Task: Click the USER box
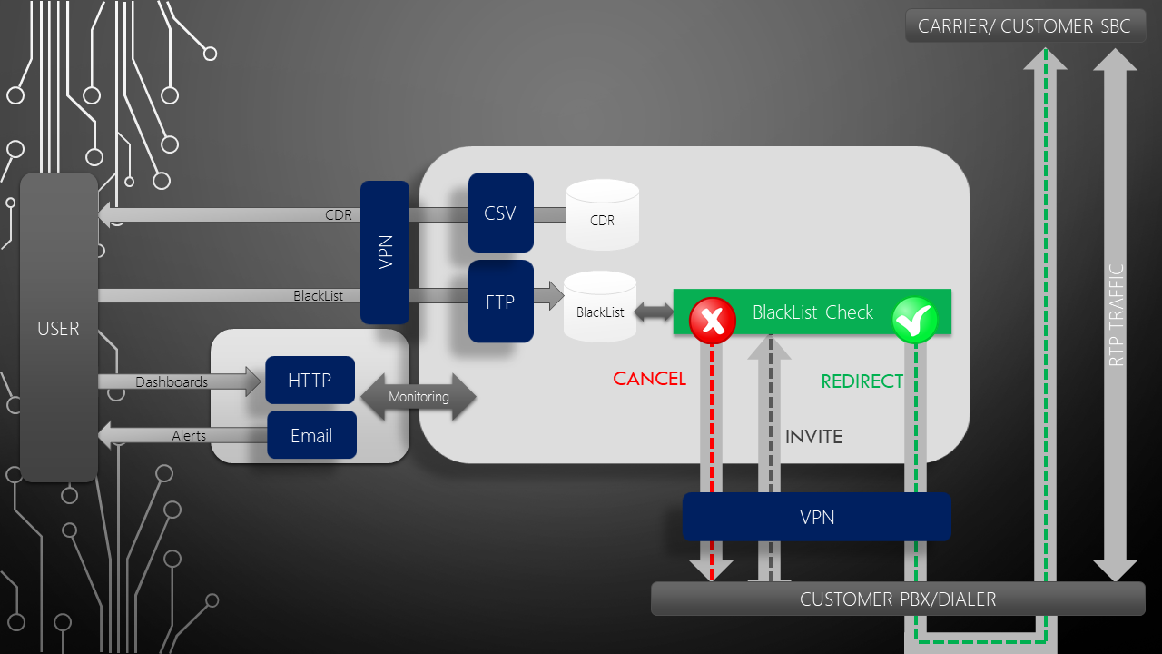pos(58,328)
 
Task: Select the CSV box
pos(500,213)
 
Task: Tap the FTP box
pos(500,302)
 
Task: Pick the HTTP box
pos(310,380)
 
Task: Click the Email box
pos(311,436)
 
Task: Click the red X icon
pos(713,321)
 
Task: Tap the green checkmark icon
pos(914,320)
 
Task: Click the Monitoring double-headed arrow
pos(419,397)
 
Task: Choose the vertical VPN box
pos(385,252)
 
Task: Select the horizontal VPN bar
pos(816,517)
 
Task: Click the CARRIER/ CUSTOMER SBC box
pos(1024,26)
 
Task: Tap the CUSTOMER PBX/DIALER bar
pos(897,599)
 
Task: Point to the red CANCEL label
pos(649,379)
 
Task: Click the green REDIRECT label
pos(862,381)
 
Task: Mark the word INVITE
pos(813,437)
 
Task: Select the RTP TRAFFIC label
pos(1117,315)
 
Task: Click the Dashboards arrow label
pos(172,382)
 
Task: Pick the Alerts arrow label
pos(189,436)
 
